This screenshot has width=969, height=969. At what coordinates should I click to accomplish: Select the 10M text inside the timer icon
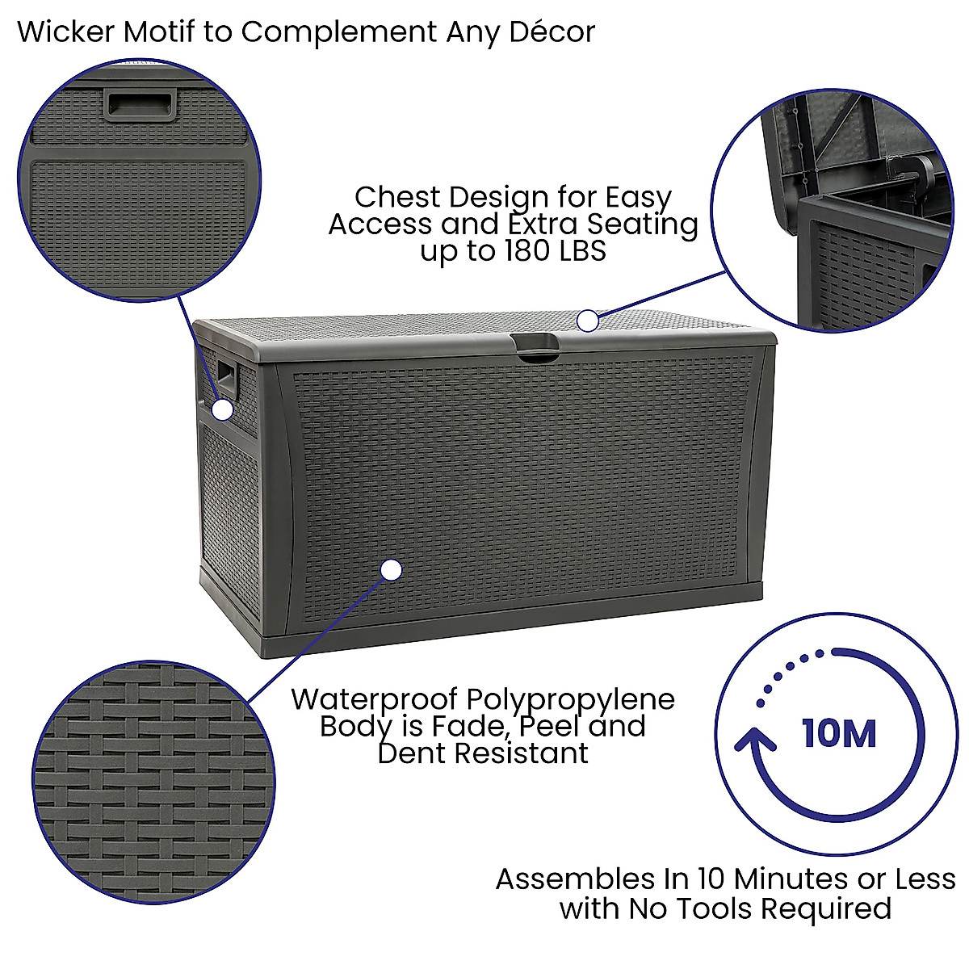point(839,734)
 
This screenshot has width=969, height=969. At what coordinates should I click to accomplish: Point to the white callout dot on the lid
point(588,321)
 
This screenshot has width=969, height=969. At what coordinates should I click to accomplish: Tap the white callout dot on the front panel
point(391,570)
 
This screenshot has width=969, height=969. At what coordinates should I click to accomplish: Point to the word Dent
point(412,753)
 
